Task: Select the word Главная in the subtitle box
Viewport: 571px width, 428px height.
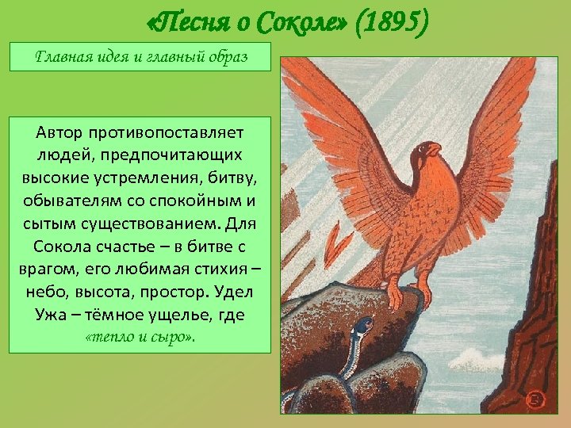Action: [65, 58]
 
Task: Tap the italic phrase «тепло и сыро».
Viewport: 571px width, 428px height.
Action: [140, 336]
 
